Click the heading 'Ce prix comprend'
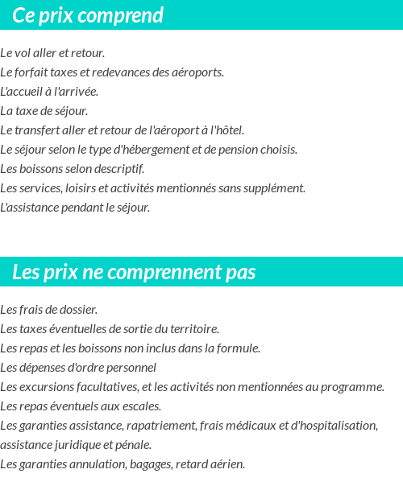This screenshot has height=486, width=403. coord(88,15)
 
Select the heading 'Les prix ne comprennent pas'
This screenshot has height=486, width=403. coord(134,272)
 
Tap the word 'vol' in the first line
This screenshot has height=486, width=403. coord(24,53)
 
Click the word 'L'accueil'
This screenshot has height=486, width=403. coord(22,92)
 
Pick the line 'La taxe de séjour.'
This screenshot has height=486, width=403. coord(44,111)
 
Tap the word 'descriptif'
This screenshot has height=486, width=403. coord(120,169)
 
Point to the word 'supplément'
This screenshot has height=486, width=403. coord(277,188)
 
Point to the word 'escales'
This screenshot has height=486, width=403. coord(142,406)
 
